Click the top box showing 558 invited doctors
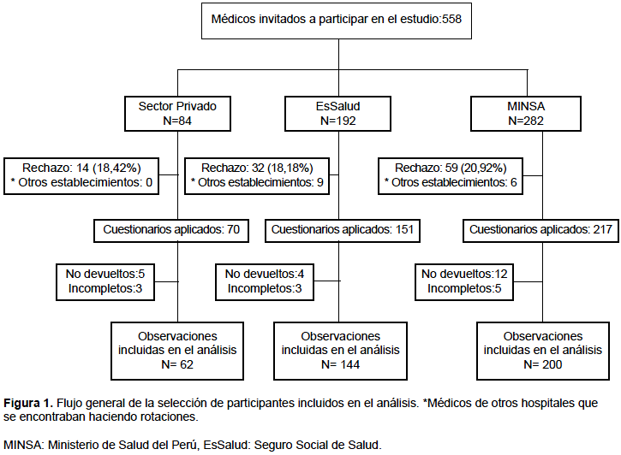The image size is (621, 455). pyautogui.click(x=337, y=21)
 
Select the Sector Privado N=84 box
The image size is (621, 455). pyautogui.click(x=177, y=114)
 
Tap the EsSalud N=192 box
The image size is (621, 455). pyautogui.click(x=337, y=114)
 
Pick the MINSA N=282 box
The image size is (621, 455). pyautogui.click(x=526, y=114)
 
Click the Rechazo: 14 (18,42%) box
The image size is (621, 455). pyautogui.click(x=81, y=176)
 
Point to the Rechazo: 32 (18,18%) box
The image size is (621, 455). pyautogui.click(x=257, y=176)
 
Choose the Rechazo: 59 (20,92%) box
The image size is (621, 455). pyautogui.click(x=451, y=176)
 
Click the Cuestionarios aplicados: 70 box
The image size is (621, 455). pyautogui.click(x=171, y=230)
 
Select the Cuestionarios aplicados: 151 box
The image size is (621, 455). pyautogui.click(x=342, y=230)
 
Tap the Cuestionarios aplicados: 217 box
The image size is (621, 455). pyautogui.click(x=540, y=230)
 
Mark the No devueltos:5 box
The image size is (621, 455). pyautogui.click(x=105, y=282)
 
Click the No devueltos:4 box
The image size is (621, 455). pyautogui.click(x=265, y=282)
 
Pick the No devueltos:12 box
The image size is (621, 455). pyautogui.click(x=464, y=282)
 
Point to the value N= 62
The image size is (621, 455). pyautogui.click(x=177, y=364)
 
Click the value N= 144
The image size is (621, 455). pyautogui.click(x=340, y=364)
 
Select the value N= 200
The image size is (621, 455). pyautogui.click(x=542, y=364)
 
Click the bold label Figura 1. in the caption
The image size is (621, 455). pyautogui.click(x=28, y=403)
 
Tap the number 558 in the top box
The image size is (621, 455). pyautogui.click(x=452, y=19)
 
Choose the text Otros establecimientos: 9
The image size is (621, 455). pyautogui.click(x=260, y=183)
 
